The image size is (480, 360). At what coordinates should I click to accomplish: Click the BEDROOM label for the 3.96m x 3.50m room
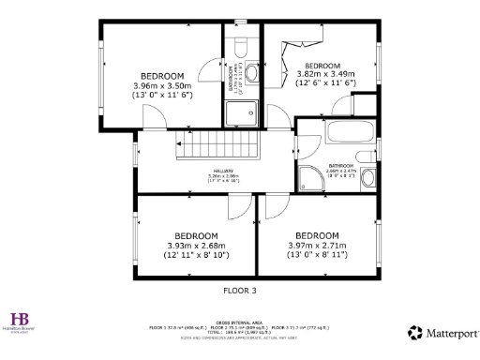point(162,75)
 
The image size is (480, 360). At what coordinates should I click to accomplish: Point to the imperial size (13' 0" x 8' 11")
point(317,254)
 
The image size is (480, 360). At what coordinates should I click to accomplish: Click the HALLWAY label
point(222,171)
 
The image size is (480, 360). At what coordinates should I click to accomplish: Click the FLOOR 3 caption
point(239,291)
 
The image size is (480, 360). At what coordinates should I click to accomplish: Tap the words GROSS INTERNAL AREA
point(240,320)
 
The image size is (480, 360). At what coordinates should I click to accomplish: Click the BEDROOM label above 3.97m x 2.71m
point(316,235)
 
